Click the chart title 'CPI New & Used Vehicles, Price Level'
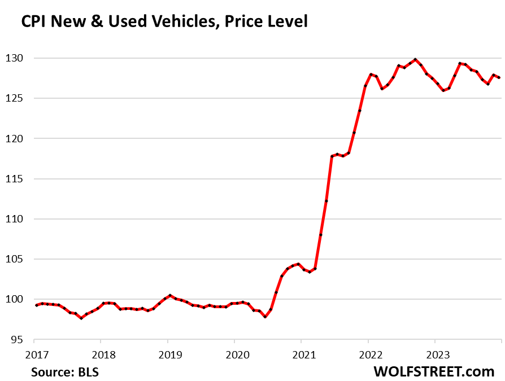pos(164,22)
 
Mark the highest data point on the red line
pos(415,59)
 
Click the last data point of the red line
pos(499,77)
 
